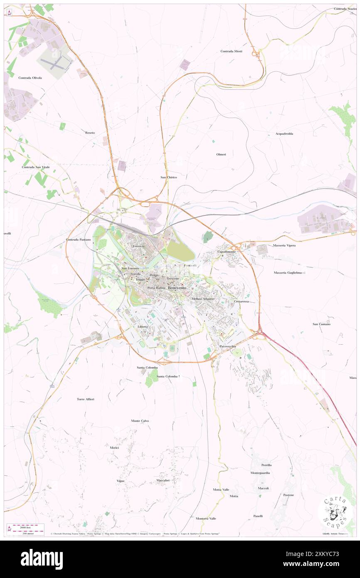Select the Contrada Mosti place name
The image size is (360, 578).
[x=231, y=51]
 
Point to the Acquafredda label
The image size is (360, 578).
[x=284, y=133]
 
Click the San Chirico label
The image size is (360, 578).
[x=169, y=177]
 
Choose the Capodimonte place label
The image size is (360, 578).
[x=227, y=252]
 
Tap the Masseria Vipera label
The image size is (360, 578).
[x=284, y=246]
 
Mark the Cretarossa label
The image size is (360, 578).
[x=241, y=301]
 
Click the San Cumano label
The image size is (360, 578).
[x=321, y=324]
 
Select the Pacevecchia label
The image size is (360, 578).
[x=228, y=346]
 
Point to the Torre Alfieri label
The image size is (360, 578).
[x=86, y=399]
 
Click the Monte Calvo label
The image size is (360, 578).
[x=140, y=421]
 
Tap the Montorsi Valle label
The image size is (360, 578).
[x=206, y=519]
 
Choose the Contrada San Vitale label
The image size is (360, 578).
[x=36, y=167]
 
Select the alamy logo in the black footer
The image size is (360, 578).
[x=42, y=559]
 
